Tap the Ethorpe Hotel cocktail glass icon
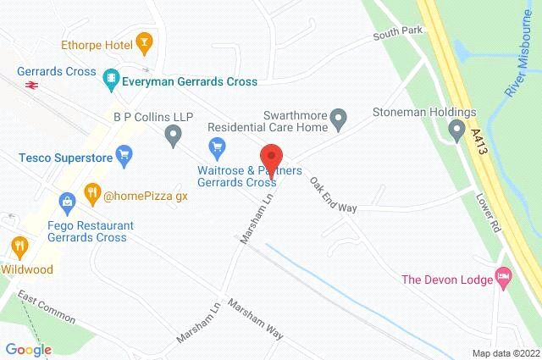click(x=146, y=41)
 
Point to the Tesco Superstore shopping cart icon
click(x=125, y=155)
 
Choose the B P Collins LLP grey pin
click(x=174, y=134)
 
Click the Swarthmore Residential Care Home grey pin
click(x=338, y=118)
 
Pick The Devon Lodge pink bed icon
click(x=505, y=277)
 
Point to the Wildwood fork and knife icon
click(x=19, y=247)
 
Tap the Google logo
click(x=28, y=349)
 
